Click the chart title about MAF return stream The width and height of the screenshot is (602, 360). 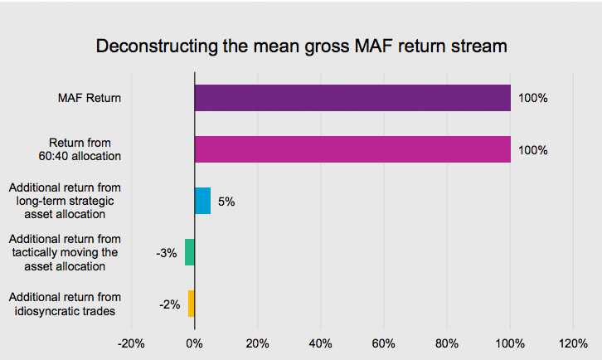(301, 46)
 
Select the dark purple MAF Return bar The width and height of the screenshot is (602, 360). (352, 98)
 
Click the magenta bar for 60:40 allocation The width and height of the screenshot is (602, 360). (352, 149)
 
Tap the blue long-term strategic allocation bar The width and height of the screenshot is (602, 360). (202, 201)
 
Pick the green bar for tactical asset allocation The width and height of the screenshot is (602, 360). (190, 252)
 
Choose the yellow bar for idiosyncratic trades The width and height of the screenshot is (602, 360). (192, 304)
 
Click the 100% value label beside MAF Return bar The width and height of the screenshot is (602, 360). (533, 98)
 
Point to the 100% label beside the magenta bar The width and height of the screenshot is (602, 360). (533, 150)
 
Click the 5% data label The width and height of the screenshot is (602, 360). (226, 202)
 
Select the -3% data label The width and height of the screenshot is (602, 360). (167, 253)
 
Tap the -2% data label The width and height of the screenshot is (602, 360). (170, 304)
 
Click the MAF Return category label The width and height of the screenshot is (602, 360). (90, 99)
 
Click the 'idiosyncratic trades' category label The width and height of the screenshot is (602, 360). (66, 304)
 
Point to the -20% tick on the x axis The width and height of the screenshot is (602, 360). (131, 343)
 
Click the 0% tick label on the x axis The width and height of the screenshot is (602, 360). (194, 343)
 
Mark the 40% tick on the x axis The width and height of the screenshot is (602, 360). (320, 343)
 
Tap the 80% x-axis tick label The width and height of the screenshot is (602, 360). (447, 343)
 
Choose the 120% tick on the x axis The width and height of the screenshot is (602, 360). (573, 343)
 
